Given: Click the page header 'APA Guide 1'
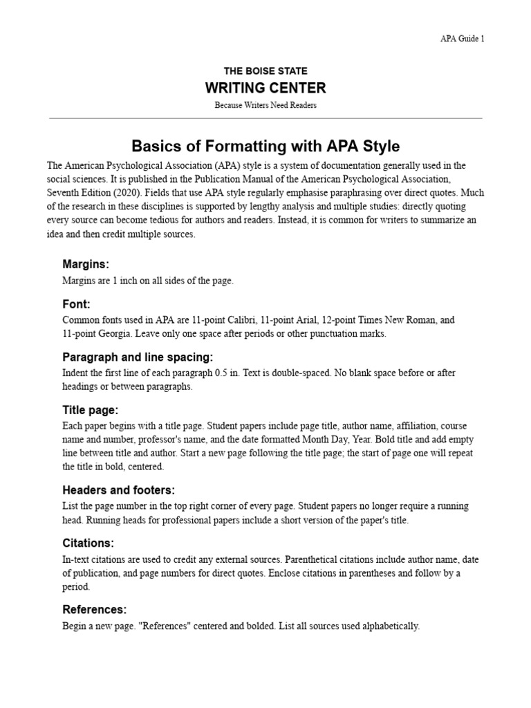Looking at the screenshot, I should coord(463,39).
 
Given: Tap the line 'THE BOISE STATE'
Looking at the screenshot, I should coord(265,71).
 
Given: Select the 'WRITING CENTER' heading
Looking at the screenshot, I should coord(265,88).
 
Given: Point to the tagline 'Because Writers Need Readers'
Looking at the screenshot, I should coord(265,105).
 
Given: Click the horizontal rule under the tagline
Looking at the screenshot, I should coord(265,118).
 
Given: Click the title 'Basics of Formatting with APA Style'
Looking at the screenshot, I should coord(265,147).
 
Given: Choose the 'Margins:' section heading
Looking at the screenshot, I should coord(86,264).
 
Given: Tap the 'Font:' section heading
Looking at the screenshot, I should coord(77,304).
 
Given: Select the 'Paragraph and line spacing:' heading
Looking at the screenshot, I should coord(138,357).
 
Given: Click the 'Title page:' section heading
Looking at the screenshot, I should coord(91,410).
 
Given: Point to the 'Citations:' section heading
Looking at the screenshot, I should coord(88,543).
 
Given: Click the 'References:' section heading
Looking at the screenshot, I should coord(95,609).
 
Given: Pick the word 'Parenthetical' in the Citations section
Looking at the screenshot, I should coord(315,560).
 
